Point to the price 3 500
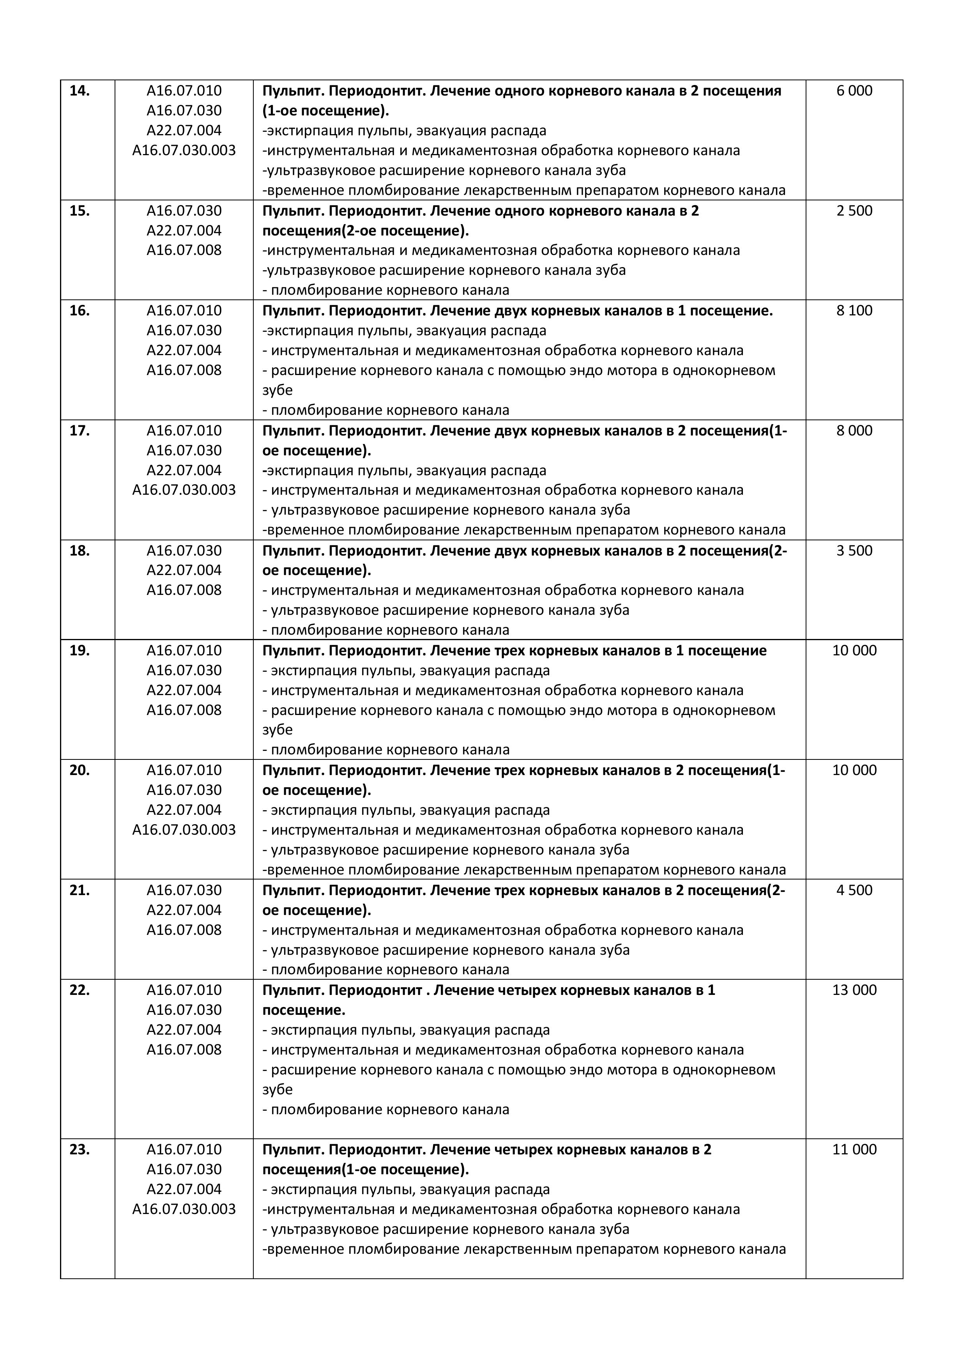point(854,550)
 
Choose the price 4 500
point(854,890)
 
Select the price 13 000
point(854,990)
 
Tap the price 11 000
point(854,1149)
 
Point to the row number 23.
point(80,1149)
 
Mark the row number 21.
point(80,890)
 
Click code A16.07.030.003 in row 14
point(184,150)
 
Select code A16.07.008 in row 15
point(184,250)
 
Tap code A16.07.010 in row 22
point(184,990)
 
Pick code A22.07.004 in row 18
point(184,570)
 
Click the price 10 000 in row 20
point(854,770)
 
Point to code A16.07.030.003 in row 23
point(184,1209)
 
